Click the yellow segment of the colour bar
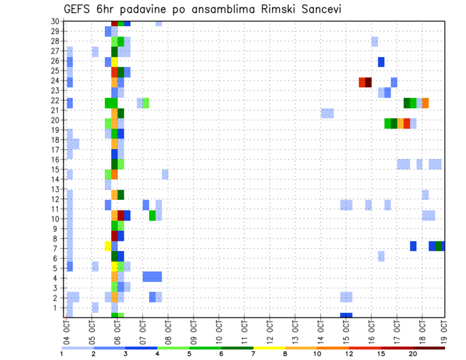[269, 348]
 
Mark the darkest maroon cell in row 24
[368, 82]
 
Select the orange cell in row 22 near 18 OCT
[425, 103]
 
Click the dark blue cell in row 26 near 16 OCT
[381, 62]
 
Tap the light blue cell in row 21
[327, 113]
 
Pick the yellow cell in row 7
[108, 246]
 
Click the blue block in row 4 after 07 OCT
[152, 277]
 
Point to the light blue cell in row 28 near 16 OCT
[375, 42]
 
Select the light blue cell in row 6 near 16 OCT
[381, 256]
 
